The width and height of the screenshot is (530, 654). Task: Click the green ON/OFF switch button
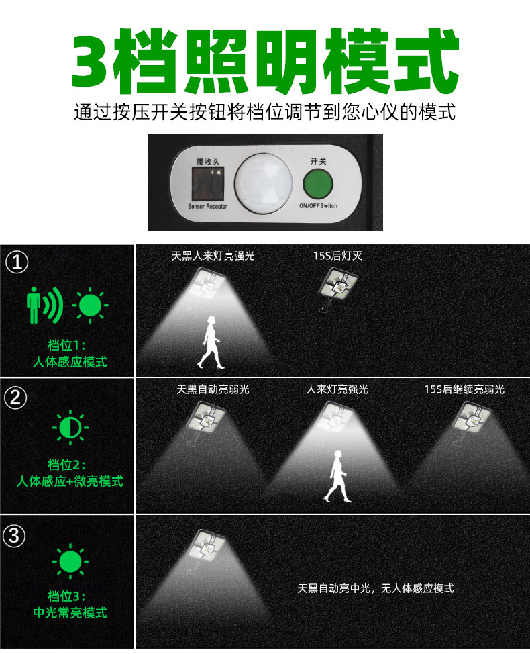point(317,184)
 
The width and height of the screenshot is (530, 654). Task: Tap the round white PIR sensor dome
point(264,183)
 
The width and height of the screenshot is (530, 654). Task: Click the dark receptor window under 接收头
point(207,183)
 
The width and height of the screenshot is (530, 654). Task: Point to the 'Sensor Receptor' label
point(207,206)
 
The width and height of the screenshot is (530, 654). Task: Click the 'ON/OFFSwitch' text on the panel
point(318,206)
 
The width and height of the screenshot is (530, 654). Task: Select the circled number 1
point(17,263)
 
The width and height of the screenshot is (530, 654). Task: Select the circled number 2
point(15,398)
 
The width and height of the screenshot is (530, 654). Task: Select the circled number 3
point(14,536)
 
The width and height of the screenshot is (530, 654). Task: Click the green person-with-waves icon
point(45,305)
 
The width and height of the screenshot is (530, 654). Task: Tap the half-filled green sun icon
point(70,427)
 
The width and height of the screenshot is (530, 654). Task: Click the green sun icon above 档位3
point(70,561)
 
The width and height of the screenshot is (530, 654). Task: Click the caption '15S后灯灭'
point(338,256)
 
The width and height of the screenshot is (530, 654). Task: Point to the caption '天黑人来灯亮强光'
point(213,256)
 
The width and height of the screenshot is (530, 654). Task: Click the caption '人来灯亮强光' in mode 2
point(337,389)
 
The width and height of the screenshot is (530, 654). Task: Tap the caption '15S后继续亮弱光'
point(464,389)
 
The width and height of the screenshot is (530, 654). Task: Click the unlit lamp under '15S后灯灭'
point(337,288)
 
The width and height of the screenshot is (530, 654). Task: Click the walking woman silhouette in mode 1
point(211,342)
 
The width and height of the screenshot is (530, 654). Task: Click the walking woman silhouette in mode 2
point(338,476)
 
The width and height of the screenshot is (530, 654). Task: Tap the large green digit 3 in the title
point(92,61)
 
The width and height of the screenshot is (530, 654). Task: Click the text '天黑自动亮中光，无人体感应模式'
point(376,588)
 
